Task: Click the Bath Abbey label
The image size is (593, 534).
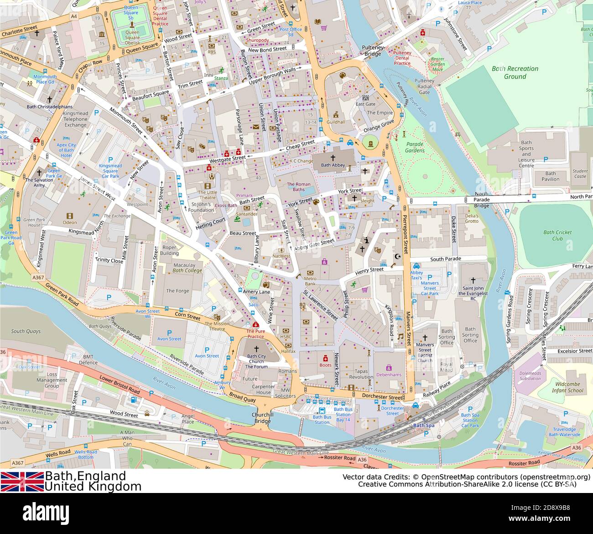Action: (333, 165)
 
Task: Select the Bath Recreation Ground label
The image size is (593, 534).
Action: (515, 72)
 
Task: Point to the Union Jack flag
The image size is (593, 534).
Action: (22, 481)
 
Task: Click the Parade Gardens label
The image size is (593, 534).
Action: (415, 148)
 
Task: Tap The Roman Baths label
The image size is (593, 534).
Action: (298, 187)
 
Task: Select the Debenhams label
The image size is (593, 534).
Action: (389, 375)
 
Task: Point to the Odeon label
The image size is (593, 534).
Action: (69, 222)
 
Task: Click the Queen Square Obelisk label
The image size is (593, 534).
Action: (132, 35)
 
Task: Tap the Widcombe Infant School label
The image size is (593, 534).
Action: (567, 387)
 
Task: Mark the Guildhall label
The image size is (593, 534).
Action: (336, 122)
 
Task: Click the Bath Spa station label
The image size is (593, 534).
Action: (424, 426)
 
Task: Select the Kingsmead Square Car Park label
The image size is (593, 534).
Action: (110, 171)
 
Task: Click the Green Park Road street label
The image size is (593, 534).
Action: (62, 295)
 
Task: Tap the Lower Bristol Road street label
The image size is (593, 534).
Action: (120, 384)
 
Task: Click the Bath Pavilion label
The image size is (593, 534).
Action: (550, 176)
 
